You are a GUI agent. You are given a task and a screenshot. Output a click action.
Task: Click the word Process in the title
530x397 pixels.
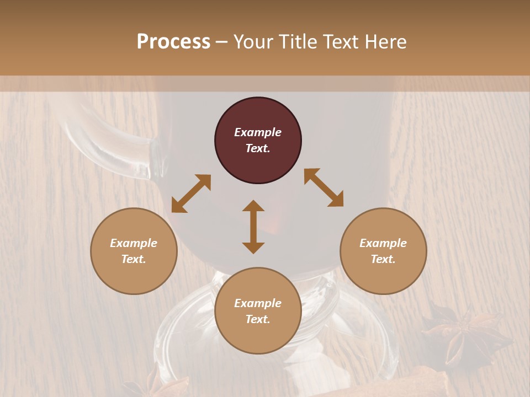[x=173, y=42]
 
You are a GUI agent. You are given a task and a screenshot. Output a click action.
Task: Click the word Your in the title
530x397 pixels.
[x=253, y=42]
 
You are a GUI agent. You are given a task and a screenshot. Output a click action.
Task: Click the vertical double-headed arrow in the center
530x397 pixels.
[x=253, y=227]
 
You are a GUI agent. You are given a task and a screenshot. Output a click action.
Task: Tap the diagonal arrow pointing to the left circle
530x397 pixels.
[x=191, y=194]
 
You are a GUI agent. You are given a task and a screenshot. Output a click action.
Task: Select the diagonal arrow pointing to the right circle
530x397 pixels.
[x=324, y=187]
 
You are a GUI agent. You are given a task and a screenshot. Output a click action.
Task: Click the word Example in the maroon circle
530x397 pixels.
[x=258, y=132]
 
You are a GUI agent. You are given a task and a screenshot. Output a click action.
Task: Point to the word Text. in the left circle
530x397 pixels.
[x=134, y=259]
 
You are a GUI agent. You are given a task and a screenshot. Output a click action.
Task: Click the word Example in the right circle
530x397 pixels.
[x=383, y=243]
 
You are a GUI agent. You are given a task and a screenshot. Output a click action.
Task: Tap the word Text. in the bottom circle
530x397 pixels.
[x=258, y=319]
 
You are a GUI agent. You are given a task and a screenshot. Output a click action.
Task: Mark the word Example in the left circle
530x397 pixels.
[x=134, y=243]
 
